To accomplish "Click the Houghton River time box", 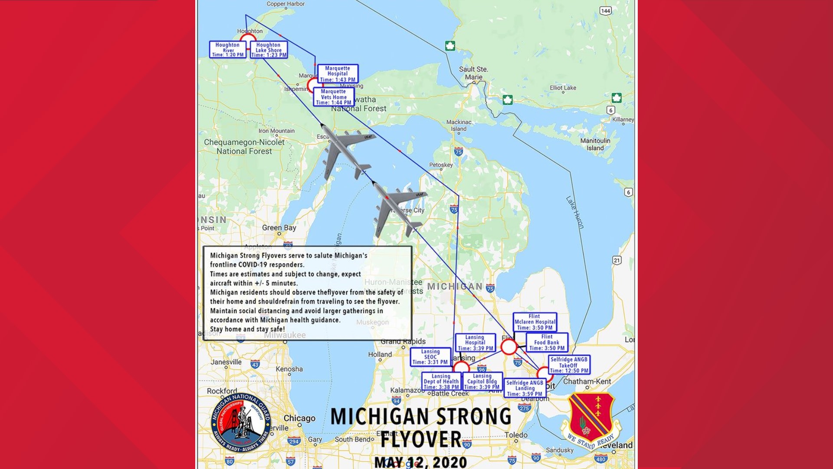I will (x=228, y=50).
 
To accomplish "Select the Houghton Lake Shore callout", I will (x=269, y=50).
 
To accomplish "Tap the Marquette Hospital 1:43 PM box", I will (x=338, y=74).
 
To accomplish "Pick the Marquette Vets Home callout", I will (x=333, y=97).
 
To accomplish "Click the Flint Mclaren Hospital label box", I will (x=535, y=322).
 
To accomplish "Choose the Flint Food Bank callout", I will (x=547, y=342).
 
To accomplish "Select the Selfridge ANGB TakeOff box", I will (x=569, y=365).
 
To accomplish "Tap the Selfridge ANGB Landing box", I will (x=525, y=388).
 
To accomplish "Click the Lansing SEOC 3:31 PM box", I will (x=430, y=357).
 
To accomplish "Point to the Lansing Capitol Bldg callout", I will (x=482, y=382).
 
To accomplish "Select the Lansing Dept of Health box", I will (x=441, y=382).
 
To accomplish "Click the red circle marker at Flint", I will (x=509, y=347).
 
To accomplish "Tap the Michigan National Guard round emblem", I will (x=241, y=423).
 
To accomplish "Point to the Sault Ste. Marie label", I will (x=473, y=73).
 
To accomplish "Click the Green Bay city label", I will (x=279, y=228).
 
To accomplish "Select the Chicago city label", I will (x=299, y=418).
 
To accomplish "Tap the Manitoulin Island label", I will (x=595, y=144).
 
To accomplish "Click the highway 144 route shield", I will (x=605, y=10).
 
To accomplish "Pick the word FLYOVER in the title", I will (x=421, y=439).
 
